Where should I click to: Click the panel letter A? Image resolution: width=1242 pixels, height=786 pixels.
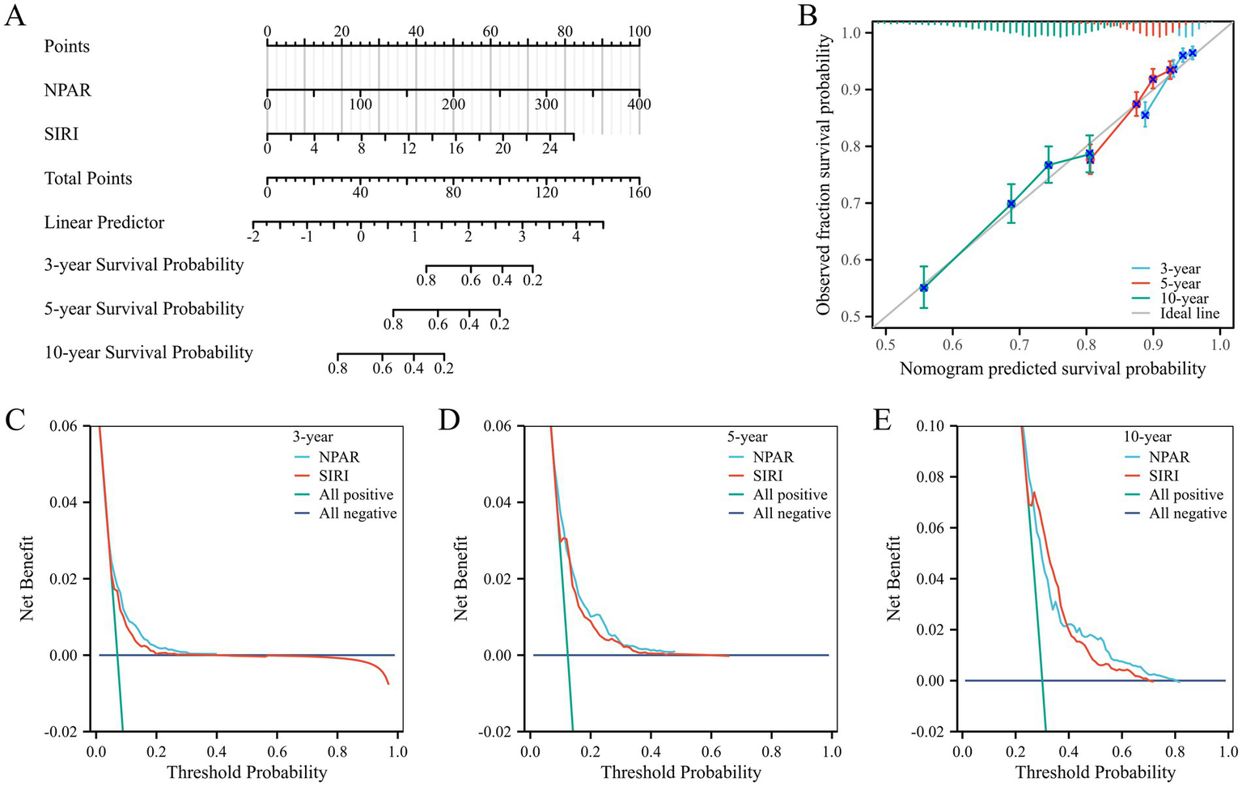[x=15, y=15]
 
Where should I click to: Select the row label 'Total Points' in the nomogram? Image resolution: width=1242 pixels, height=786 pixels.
[x=88, y=179]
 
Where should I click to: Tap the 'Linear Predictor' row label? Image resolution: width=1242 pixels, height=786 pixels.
[x=104, y=222]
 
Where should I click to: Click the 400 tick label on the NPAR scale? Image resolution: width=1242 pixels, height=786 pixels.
[x=639, y=104]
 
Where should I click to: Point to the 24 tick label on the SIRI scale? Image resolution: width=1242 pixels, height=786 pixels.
[x=549, y=149]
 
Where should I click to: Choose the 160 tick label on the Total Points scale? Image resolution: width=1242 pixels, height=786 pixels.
[x=639, y=192]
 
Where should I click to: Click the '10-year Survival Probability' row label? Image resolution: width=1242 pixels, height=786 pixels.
[x=149, y=353]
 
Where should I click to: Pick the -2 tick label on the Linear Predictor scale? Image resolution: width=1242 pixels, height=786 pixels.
[x=253, y=237]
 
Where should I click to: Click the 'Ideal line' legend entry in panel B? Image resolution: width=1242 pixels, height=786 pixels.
[x=1189, y=314]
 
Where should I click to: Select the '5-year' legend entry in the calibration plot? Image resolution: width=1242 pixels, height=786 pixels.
[x=1181, y=284]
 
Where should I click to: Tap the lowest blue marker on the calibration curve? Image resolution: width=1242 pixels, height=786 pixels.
[x=923, y=288]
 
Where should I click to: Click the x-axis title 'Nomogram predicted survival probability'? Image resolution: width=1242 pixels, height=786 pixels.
[x=1053, y=370]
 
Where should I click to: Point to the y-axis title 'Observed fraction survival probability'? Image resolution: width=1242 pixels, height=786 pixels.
[x=824, y=175]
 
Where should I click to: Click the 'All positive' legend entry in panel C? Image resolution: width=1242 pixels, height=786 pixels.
[x=356, y=495]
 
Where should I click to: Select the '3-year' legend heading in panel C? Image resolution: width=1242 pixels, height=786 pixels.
[x=313, y=437]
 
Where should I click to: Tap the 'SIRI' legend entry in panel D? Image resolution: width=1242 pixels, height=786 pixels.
[x=768, y=476]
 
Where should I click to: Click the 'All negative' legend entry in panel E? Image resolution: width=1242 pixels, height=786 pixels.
[x=1188, y=513]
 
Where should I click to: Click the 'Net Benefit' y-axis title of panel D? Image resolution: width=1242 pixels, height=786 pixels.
[x=462, y=578]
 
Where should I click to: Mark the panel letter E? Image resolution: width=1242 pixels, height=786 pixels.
[x=882, y=420]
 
